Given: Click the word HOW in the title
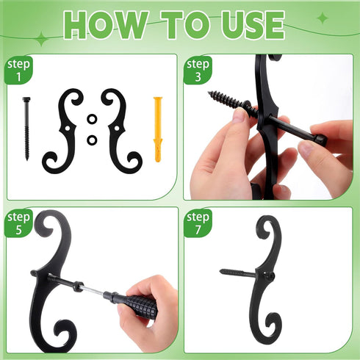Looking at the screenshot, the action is click(x=105, y=25).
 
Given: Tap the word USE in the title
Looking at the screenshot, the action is click(x=252, y=25).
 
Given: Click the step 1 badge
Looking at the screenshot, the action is click(x=18, y=70).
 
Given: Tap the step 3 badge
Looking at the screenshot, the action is click(x=198, y=70).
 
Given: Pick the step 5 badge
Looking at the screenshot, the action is click(x=18, y=223).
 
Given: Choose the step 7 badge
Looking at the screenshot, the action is click(x=198, y=223).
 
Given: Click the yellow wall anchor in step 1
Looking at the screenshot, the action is click(x=158, y=129).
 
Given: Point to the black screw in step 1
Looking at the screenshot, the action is click(x=26, y=129).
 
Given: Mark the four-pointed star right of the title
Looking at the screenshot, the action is click(x=323, y=18).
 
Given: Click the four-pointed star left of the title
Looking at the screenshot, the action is click(x=42, y=39).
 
